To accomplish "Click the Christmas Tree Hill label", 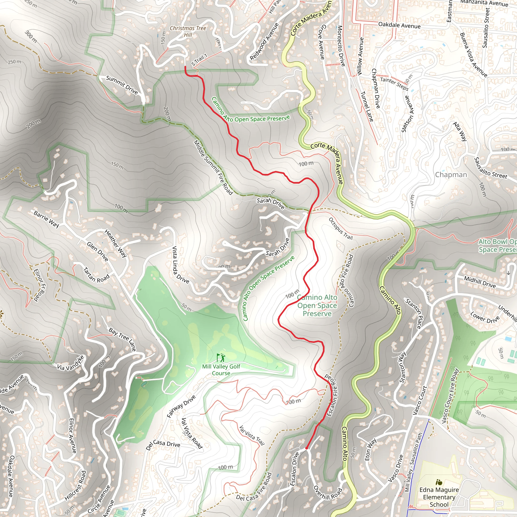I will coord(188,31).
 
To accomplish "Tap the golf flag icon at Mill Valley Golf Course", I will coord(221,357).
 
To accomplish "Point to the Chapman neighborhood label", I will coord(451,175).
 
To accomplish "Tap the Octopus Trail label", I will coord(340,228).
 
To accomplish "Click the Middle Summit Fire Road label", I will coord(213,167).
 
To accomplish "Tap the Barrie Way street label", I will coord(46,219).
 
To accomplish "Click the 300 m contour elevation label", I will coord(31,37).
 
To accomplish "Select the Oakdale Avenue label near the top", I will coord(399,25).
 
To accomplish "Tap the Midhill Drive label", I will coord(480,282).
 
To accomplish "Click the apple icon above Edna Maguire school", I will coord(438,482).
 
